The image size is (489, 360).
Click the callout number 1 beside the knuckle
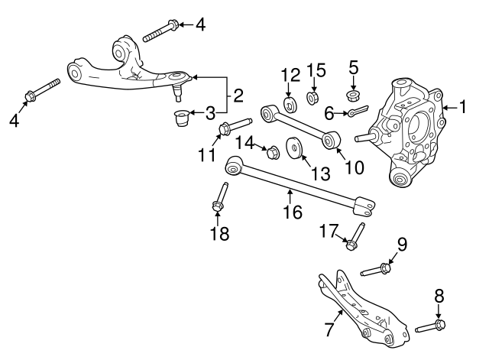point(463,106)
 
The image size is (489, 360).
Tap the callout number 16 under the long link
point(293,212)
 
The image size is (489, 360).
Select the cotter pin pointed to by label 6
point(358,111)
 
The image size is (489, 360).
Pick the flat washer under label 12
point(290,105)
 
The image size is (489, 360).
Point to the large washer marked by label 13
point(293,148)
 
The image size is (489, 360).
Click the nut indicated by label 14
point(272,151)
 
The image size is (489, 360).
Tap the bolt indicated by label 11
point(235,125)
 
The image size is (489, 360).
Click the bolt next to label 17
point(355,236)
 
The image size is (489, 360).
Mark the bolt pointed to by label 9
point(376,270)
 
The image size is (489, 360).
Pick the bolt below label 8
point(430,326)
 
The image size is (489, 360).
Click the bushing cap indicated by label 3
point(181,118)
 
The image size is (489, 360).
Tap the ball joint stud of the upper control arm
point(177,92)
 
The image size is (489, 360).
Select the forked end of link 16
point(364,206)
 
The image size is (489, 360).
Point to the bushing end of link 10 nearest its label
point(331,140)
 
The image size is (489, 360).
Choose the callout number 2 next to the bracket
point(238,96)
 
